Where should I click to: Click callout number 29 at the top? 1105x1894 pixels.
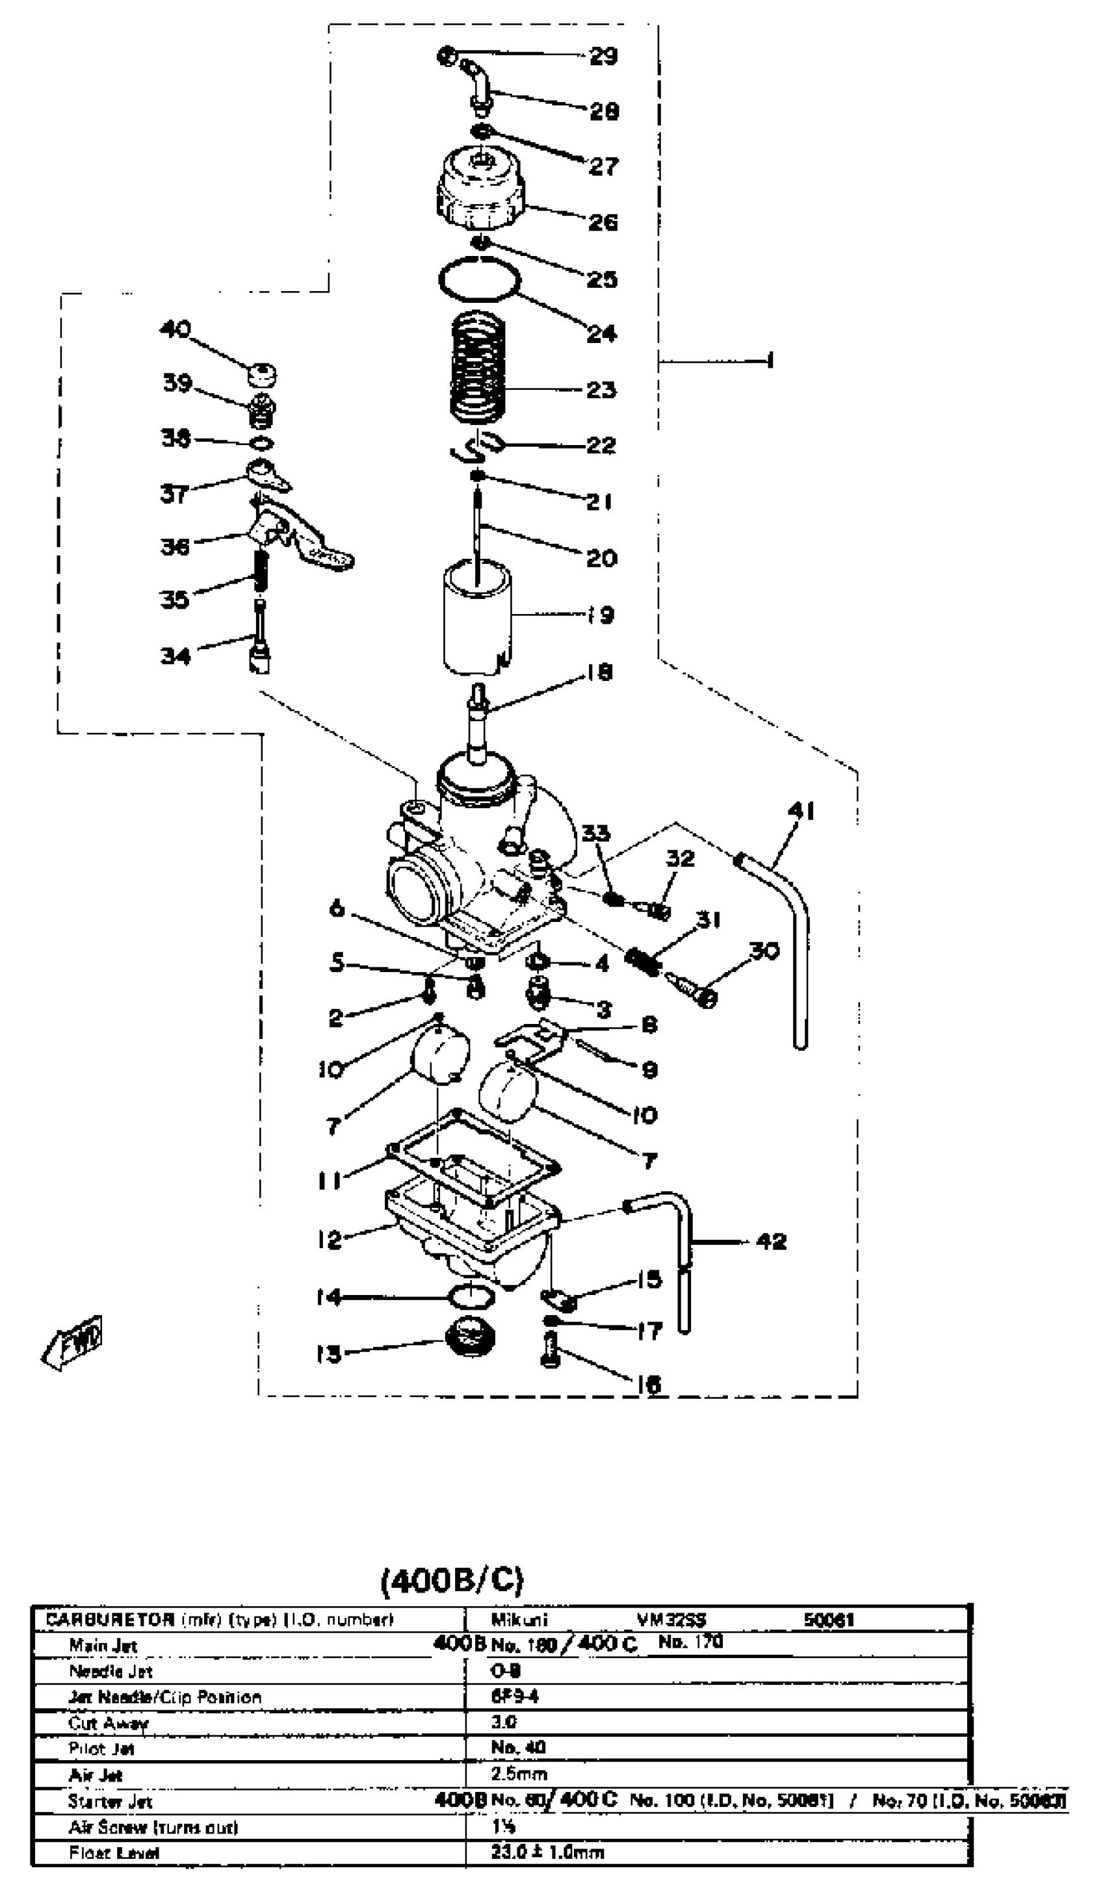(603, 56)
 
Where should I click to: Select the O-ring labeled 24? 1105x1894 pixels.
(480, 279)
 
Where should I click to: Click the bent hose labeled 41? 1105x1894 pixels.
(797, 940)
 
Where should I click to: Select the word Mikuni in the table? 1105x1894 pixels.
(519, 1620)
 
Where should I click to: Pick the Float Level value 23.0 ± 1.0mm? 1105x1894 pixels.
(547, 1852)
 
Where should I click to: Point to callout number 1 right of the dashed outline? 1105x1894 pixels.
(769, 361)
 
